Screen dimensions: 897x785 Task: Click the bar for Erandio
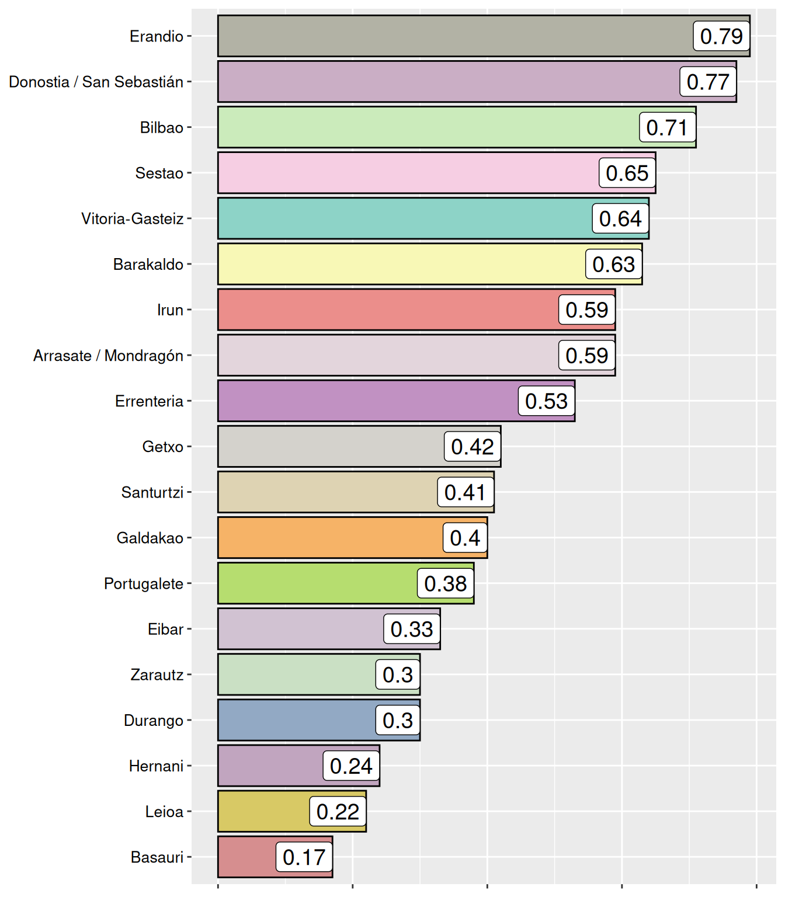coord(456,36)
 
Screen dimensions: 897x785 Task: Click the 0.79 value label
coord(721,36)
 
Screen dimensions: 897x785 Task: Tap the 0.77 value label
coord(708,82)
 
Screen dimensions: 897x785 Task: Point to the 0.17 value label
coord(304,857)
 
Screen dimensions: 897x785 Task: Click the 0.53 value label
coord(546,401)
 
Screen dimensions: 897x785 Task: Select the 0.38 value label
coord(445,583)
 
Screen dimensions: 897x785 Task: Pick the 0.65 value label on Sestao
coord(627,173)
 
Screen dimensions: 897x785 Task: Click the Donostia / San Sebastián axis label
coord(96,82)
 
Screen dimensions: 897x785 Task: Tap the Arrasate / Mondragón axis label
coord(109,356)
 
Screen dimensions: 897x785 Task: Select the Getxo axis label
coord(163,447)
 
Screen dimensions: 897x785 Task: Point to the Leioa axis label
coord(165,811)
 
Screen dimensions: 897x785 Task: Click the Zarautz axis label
coord(157,675)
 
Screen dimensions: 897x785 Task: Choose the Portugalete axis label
coord(144,583)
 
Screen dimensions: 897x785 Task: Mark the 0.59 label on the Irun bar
coord(586,310)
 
